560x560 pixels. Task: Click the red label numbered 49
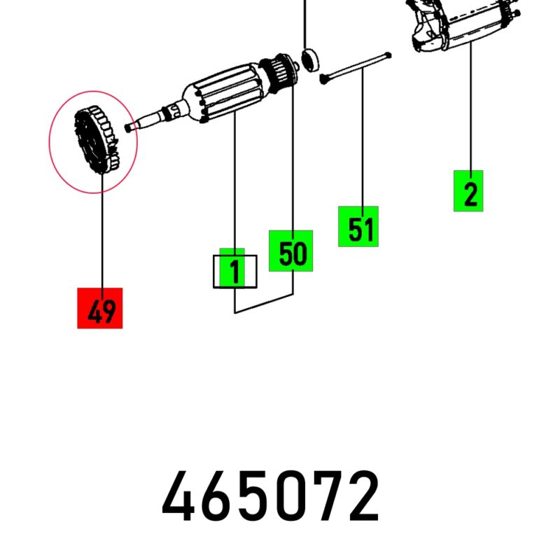point(100,308)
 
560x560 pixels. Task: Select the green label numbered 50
point(290,251)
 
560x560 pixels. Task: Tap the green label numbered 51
point(358,226)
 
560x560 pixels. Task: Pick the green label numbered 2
point(468,191)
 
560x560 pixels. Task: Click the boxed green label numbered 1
point(234,272)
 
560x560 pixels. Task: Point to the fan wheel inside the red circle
point(96,140)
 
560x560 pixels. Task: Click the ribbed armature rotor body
point(225,94)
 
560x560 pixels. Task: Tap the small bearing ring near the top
point(309,60)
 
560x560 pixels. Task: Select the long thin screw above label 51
point(356,68)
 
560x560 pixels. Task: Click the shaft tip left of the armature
point(130,127)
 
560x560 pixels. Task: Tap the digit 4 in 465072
point(178,496)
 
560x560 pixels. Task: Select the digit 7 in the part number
point(325,496)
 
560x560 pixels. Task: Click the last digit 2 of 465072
point(363,496)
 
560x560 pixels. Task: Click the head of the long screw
point(323,79)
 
